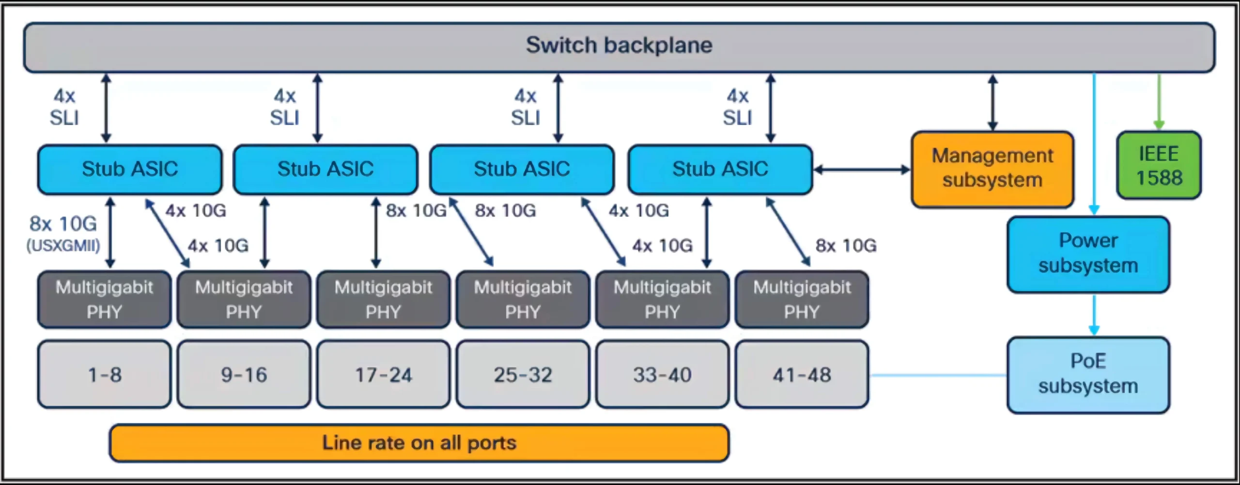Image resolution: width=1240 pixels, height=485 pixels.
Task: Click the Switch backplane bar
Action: pos(619,47)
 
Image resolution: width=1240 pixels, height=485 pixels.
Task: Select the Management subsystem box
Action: pos(992,169)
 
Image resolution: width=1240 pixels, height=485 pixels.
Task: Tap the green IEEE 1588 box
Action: pos(1159,165)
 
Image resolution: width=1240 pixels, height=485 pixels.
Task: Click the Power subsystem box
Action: pos(1088,254)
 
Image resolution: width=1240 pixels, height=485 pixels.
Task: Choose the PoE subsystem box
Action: pos(1088,375)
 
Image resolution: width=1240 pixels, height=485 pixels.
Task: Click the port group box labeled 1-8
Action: pos(105,374)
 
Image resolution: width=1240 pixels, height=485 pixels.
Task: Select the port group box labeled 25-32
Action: pos(523,374)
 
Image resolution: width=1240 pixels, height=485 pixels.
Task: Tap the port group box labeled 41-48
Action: pos(802,374)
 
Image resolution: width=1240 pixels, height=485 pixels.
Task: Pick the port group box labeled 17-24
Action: pos(384,374)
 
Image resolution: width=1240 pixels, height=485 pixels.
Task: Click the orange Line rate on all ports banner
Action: pos(419,443)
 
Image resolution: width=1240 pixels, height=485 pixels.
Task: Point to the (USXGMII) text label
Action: pos(63,245)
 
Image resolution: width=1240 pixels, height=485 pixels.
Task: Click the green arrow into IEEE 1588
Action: pos(1159,102)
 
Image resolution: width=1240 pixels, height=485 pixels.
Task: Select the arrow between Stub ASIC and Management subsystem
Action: pos(862,169)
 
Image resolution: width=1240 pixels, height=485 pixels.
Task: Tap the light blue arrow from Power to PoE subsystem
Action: pos(1094,315)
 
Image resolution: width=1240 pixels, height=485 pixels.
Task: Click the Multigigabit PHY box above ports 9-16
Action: pos(244,299)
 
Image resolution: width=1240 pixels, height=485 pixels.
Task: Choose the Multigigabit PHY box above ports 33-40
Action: pos(663,299)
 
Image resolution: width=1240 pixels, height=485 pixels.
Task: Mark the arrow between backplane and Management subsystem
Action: pos(992,102)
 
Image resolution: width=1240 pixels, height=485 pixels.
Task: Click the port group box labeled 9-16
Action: pos(244,374)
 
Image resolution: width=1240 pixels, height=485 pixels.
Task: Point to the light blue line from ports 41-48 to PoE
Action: pos(938,375)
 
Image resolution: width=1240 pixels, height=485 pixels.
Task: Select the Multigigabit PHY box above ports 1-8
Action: pos(105,299)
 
